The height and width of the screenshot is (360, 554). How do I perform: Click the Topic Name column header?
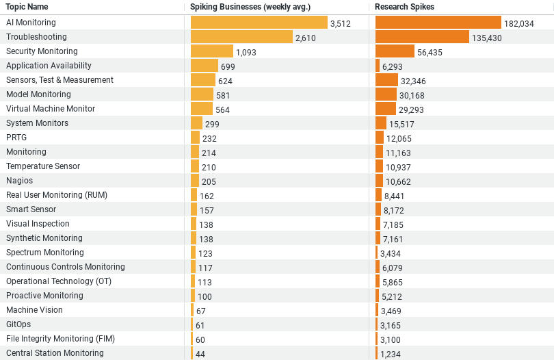click(x=27, y=7)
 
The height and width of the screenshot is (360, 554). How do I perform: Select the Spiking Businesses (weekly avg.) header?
click(x=250, y=7)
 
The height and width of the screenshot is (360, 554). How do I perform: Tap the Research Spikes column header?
click(x=404, y=7)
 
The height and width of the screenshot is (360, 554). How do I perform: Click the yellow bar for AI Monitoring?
click(x=259, y=23)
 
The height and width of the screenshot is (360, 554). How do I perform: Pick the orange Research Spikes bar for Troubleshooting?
click(x=422, y=37)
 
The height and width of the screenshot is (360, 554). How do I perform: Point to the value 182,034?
click(x=519, y=23)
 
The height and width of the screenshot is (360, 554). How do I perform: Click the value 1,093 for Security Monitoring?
click(x=246, y=52)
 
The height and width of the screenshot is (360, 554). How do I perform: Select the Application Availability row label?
click(x=49, y=66)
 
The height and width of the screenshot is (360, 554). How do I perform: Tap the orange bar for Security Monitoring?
click(x=395, y=51)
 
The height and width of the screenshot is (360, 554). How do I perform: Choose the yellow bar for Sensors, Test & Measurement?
click(x=202, y=80)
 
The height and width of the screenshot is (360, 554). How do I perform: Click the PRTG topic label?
click(x=16, y=138)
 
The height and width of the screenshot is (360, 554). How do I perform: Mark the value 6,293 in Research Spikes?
click(x=393, y=66)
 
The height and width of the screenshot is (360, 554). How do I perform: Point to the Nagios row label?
click(x=19, y=181)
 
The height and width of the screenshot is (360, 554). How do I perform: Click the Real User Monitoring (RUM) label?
click(x=57, y=195)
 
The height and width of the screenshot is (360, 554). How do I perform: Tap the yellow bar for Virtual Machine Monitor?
click(x=202, y=109)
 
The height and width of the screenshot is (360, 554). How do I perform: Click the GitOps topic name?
click(x=18, y=324)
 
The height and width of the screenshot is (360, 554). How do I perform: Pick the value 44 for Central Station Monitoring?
click(x=200, y=354)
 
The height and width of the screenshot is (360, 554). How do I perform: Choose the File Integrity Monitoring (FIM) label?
click(x=60, y=339)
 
